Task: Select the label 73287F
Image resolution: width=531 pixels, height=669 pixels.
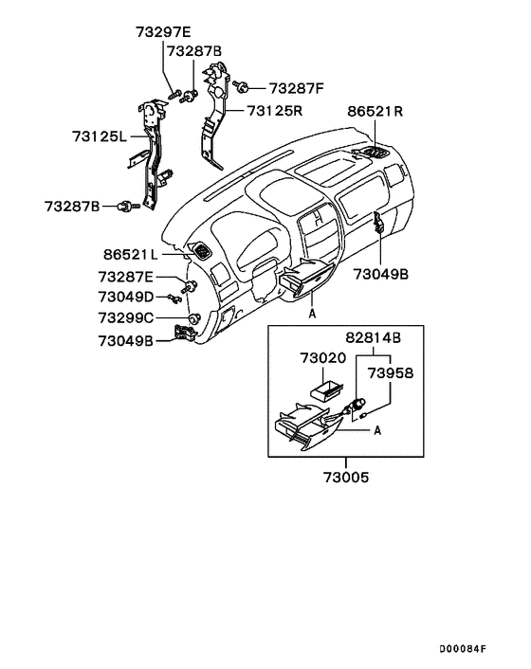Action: click(x=296, y=88)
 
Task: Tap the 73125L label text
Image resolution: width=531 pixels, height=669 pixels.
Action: click(x=99, y=136)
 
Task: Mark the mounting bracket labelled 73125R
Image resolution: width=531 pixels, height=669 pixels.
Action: click(x=213, y=109)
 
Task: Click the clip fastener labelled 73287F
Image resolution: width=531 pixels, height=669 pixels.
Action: click(x=243, y=88)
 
